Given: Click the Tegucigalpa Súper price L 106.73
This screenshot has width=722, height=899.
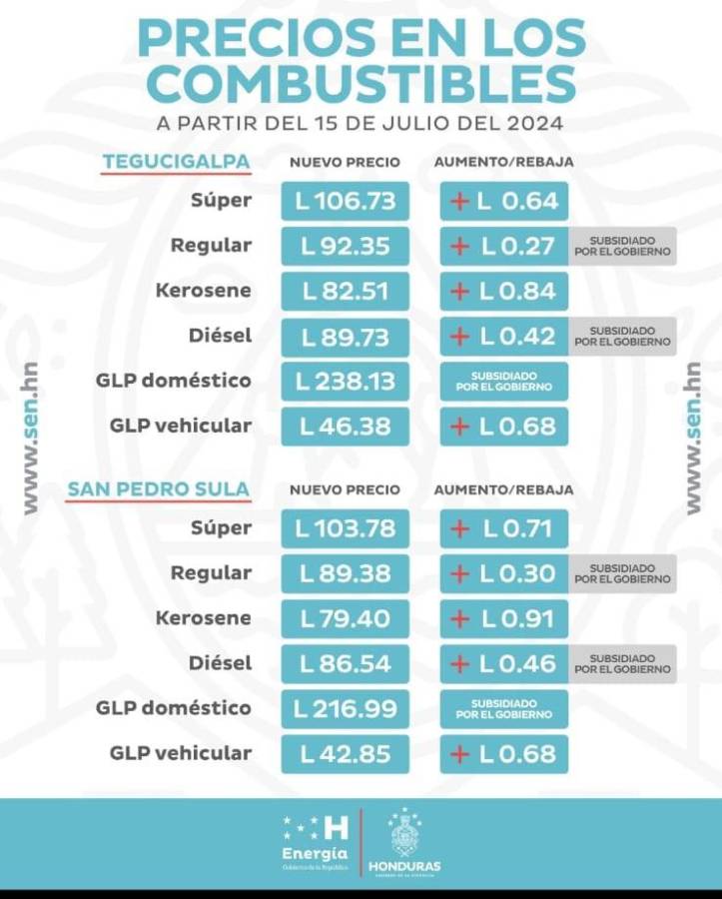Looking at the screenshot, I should [346, 201].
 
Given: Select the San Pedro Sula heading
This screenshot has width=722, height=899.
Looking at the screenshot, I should [159, 489].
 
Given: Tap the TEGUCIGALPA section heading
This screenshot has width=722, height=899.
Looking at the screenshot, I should [176, 162].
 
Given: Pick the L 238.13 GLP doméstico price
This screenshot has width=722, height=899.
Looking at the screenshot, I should [346, 381].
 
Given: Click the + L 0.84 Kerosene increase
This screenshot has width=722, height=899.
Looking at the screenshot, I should [504, 291].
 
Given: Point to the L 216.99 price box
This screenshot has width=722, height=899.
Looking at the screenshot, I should [346, 708].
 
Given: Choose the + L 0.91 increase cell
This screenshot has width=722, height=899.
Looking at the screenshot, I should [504, 618].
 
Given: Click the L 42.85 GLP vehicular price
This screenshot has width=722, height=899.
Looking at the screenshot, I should [346, 753].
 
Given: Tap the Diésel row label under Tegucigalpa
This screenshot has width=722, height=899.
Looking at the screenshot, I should [220, 336].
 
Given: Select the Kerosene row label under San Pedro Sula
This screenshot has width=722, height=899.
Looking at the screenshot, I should [203, 618].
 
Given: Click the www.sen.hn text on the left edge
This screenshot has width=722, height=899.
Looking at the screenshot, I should [31, 438].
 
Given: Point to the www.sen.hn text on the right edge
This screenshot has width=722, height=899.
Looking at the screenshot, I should [692, 438].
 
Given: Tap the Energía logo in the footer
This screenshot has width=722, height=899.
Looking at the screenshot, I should [317, 839].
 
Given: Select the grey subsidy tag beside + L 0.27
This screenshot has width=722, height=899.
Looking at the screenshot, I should [622, 246].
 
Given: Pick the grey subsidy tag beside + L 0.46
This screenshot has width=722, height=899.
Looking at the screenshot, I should [622, 663].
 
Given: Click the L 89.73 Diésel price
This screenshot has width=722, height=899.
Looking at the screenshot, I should [346, 336].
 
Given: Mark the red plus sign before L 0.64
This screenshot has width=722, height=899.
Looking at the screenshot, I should [459, 201].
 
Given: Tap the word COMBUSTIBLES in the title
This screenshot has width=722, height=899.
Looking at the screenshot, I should [361, 83].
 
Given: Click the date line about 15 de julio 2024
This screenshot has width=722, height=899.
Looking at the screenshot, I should [361, 125].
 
